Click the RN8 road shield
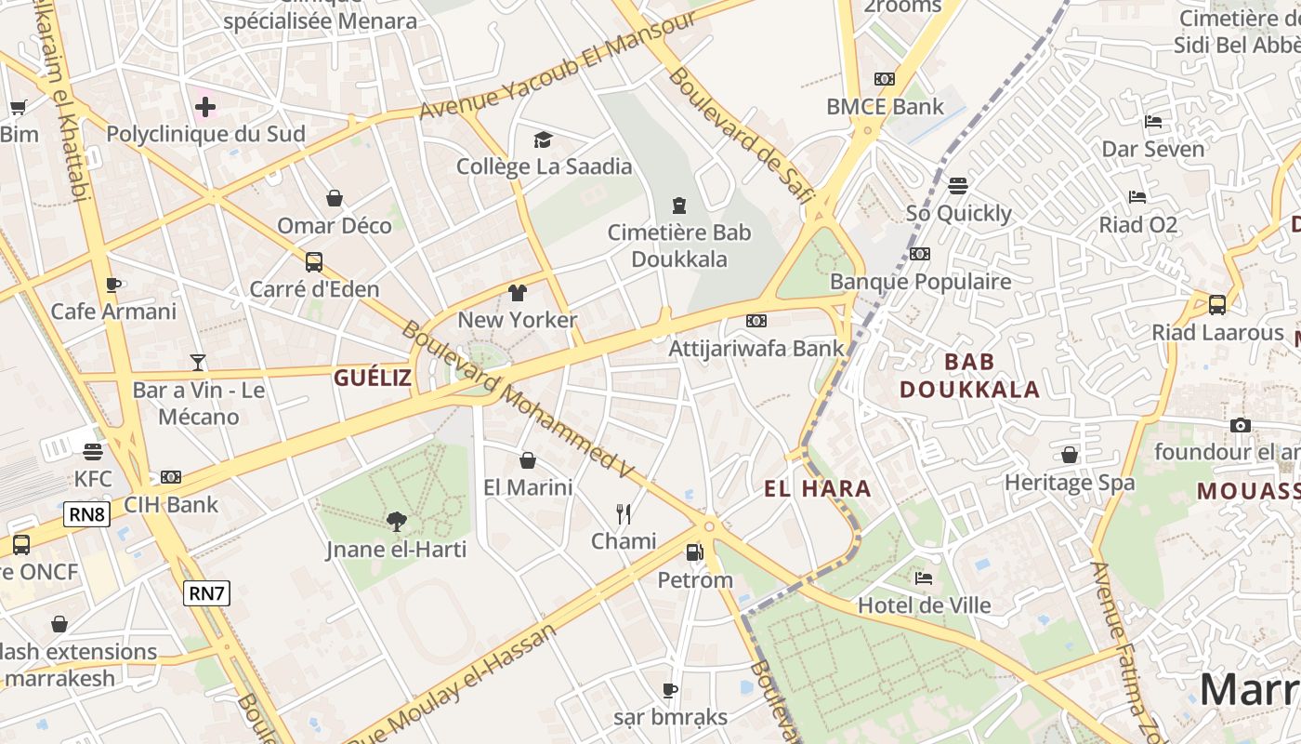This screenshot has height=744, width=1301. coord(87,514)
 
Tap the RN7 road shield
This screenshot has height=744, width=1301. coord(206,592)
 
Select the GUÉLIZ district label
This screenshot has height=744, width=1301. coord(372,378)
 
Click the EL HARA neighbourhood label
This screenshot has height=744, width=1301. coord(818,488)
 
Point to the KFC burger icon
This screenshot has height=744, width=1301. coord(92,452)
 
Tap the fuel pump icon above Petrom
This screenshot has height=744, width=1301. coord(694,552)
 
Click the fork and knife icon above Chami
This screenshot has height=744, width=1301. coord(624,513)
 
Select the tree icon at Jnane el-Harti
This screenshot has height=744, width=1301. coord(396,521)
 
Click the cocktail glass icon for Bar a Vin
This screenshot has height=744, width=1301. coord(197,362)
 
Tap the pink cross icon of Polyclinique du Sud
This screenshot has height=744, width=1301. coord(205,107)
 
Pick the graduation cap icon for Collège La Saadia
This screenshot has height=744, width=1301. coord(543,139)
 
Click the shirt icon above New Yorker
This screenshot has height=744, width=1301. coord(518,293)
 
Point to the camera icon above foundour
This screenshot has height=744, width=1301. coord(1240,425)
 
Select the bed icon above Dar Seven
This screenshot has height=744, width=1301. coord(1153,122)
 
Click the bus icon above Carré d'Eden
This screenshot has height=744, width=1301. coord(314,261)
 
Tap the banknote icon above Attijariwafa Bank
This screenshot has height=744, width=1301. coord(756,321)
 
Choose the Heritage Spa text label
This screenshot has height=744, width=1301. coord(1070,483)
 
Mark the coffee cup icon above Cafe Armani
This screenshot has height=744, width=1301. coord(113,285)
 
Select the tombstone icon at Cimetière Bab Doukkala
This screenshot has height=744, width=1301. coord(679,205)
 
